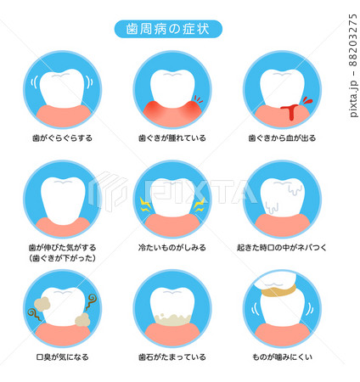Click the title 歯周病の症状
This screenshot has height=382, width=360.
coord(168,29)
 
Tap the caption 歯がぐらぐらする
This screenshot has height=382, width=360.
coord(62,138)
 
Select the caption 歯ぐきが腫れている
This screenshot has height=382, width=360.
coord(172,138)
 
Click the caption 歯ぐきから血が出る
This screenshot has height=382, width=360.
coord(282,138)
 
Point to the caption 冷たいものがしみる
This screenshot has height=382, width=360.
coord(172,248)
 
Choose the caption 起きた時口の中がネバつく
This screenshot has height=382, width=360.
coord(282,248)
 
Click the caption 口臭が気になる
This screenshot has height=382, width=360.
coord(62,357)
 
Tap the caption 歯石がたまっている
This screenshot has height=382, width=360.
coord(172,357)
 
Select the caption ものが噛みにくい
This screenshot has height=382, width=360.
coord(282,357)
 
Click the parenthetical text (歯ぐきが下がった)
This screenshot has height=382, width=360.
coord(62,258)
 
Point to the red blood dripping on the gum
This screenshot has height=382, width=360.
coord(290,111)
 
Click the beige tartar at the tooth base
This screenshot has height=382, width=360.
coord(172,319)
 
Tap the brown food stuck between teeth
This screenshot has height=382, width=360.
coord(278,291)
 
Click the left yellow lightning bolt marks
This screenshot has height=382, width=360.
coord(145,205)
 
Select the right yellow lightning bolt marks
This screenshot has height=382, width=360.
coord(200,205)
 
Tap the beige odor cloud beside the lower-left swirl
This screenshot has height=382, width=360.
coord(42,304)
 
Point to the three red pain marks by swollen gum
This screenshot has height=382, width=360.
coord(199,99)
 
